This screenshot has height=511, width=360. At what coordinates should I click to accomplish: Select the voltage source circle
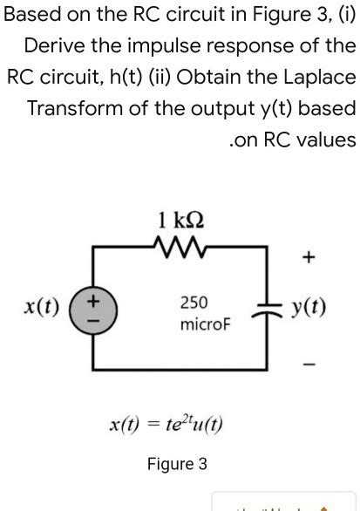[95, 310]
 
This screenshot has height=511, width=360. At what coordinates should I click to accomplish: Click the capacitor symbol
[265, 310]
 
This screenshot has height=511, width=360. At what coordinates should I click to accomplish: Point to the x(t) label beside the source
[42, 308]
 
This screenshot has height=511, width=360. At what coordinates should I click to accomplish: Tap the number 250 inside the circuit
[194, 303]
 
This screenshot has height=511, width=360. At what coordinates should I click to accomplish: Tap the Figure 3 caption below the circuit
[177, 464]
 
